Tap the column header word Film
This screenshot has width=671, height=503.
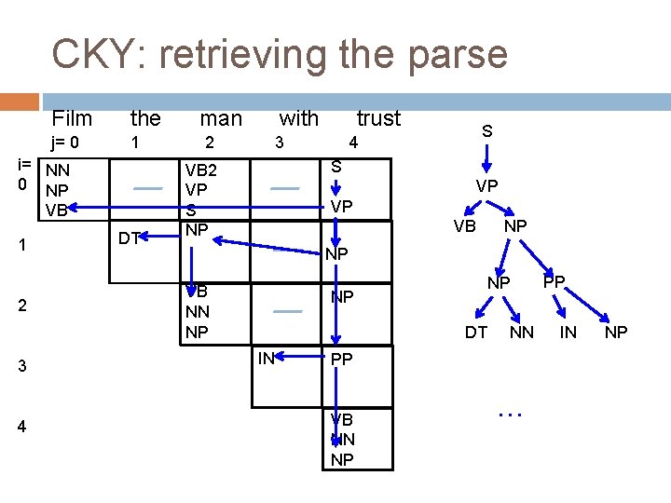[x=72, y=118]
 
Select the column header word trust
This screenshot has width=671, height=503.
[x=378, y=118]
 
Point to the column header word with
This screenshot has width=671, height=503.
[x=298, y=118]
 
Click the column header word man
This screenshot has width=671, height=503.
[x=221, y=118]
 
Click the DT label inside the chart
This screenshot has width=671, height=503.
[x=130, y=238]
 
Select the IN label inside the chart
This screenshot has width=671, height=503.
[x=266, y=355]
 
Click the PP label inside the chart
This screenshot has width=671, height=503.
[x=342, y=358]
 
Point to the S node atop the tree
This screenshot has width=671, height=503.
[x=486, y=132]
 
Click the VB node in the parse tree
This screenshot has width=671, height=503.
[x=464, y=226]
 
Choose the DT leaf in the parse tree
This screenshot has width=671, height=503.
[x=475, y=332]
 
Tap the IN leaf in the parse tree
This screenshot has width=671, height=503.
[x=568, y=332]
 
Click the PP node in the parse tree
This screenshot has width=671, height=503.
[x=554, y=280]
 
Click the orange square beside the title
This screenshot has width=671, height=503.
[x=21, y=102]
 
